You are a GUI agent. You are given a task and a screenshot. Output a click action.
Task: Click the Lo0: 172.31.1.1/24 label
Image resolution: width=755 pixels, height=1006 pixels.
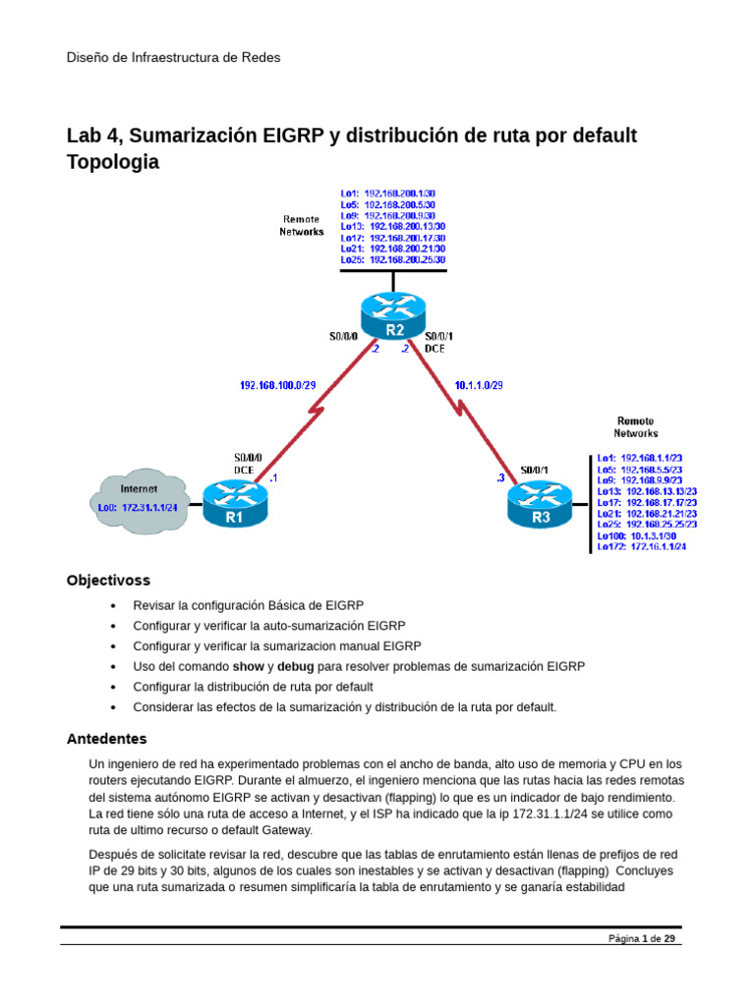137,508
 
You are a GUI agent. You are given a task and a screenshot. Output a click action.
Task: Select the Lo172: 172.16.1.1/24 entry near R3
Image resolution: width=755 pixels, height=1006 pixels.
642,546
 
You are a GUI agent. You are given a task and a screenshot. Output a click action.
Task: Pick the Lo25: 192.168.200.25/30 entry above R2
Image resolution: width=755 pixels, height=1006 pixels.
392,260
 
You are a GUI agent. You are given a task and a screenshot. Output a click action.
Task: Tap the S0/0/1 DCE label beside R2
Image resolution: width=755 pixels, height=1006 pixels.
437,342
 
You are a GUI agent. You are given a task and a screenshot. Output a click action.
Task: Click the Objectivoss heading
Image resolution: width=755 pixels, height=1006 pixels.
108,580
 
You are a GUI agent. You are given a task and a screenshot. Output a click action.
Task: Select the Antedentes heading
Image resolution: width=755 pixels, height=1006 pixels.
106,738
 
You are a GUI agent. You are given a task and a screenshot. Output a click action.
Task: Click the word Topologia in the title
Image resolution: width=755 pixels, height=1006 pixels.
112,163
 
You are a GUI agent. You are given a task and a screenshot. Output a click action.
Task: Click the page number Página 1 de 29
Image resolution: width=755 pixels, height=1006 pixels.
641,939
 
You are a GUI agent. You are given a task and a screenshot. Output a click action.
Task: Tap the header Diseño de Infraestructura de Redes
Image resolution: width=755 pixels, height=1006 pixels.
173,57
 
